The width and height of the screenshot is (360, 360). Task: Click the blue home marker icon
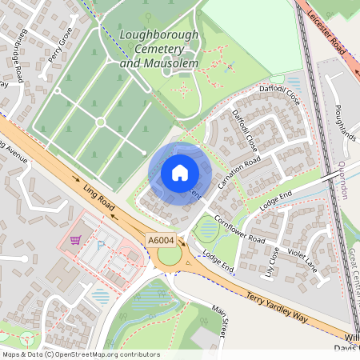pos(179,172)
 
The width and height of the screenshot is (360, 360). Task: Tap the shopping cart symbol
pos(76,240)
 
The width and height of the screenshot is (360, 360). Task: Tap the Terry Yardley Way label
pos(277,295)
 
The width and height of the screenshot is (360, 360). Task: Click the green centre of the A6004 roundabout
pos(170,256)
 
